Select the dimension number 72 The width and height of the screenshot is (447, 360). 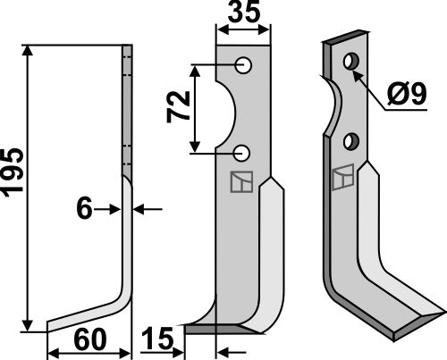point(177,108)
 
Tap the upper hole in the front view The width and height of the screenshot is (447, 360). point(242,65)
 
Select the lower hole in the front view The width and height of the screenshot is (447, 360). point(242,152)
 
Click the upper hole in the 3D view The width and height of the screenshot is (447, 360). point(350,63)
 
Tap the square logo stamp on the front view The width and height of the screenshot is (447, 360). point(240,182)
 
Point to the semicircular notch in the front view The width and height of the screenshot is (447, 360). point(226,108)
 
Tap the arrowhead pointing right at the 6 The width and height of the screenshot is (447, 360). point(116,209)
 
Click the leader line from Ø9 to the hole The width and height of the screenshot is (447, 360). point(375,90)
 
